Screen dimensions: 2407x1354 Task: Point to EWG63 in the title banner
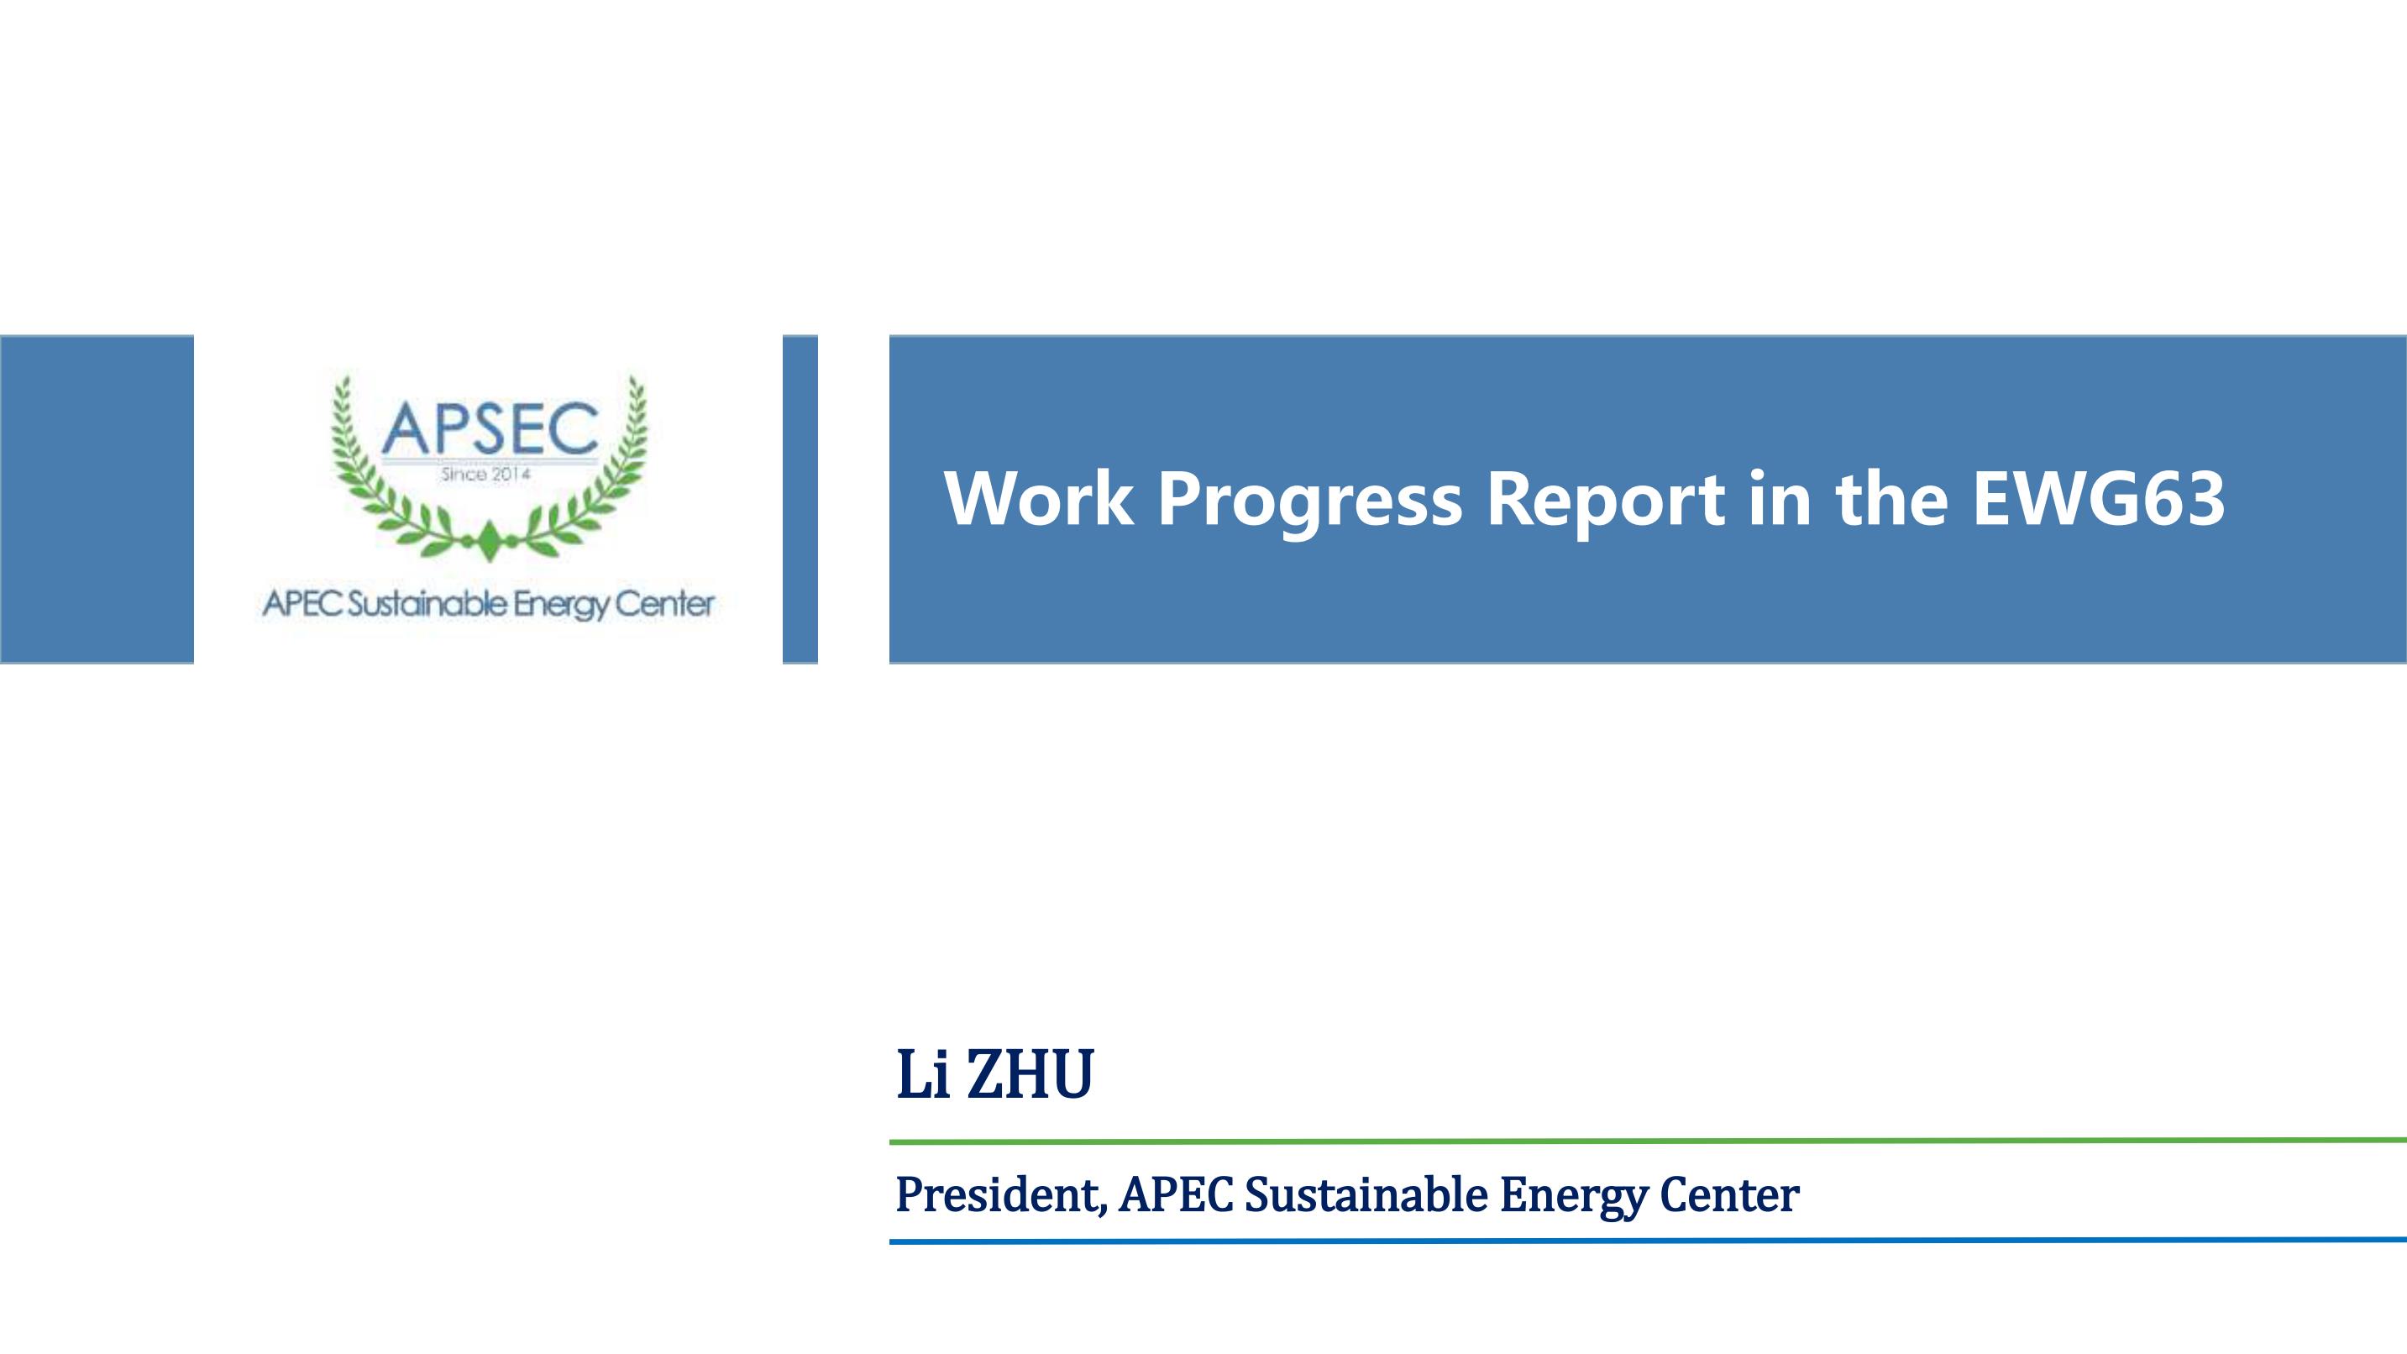coord(2098,499)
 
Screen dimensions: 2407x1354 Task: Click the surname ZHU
coord(1030,1074)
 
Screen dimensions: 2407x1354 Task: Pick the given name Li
coord(923,1074)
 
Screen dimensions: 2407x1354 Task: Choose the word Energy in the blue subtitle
coord(1574,1197)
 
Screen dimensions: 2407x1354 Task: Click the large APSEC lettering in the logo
coord(490,428)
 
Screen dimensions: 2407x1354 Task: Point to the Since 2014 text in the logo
coord(486,475)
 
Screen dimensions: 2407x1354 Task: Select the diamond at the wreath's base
coord(489,542)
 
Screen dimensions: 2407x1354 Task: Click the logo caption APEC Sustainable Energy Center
coord(489,605)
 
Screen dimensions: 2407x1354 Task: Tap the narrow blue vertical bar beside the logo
coord(800,499)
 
